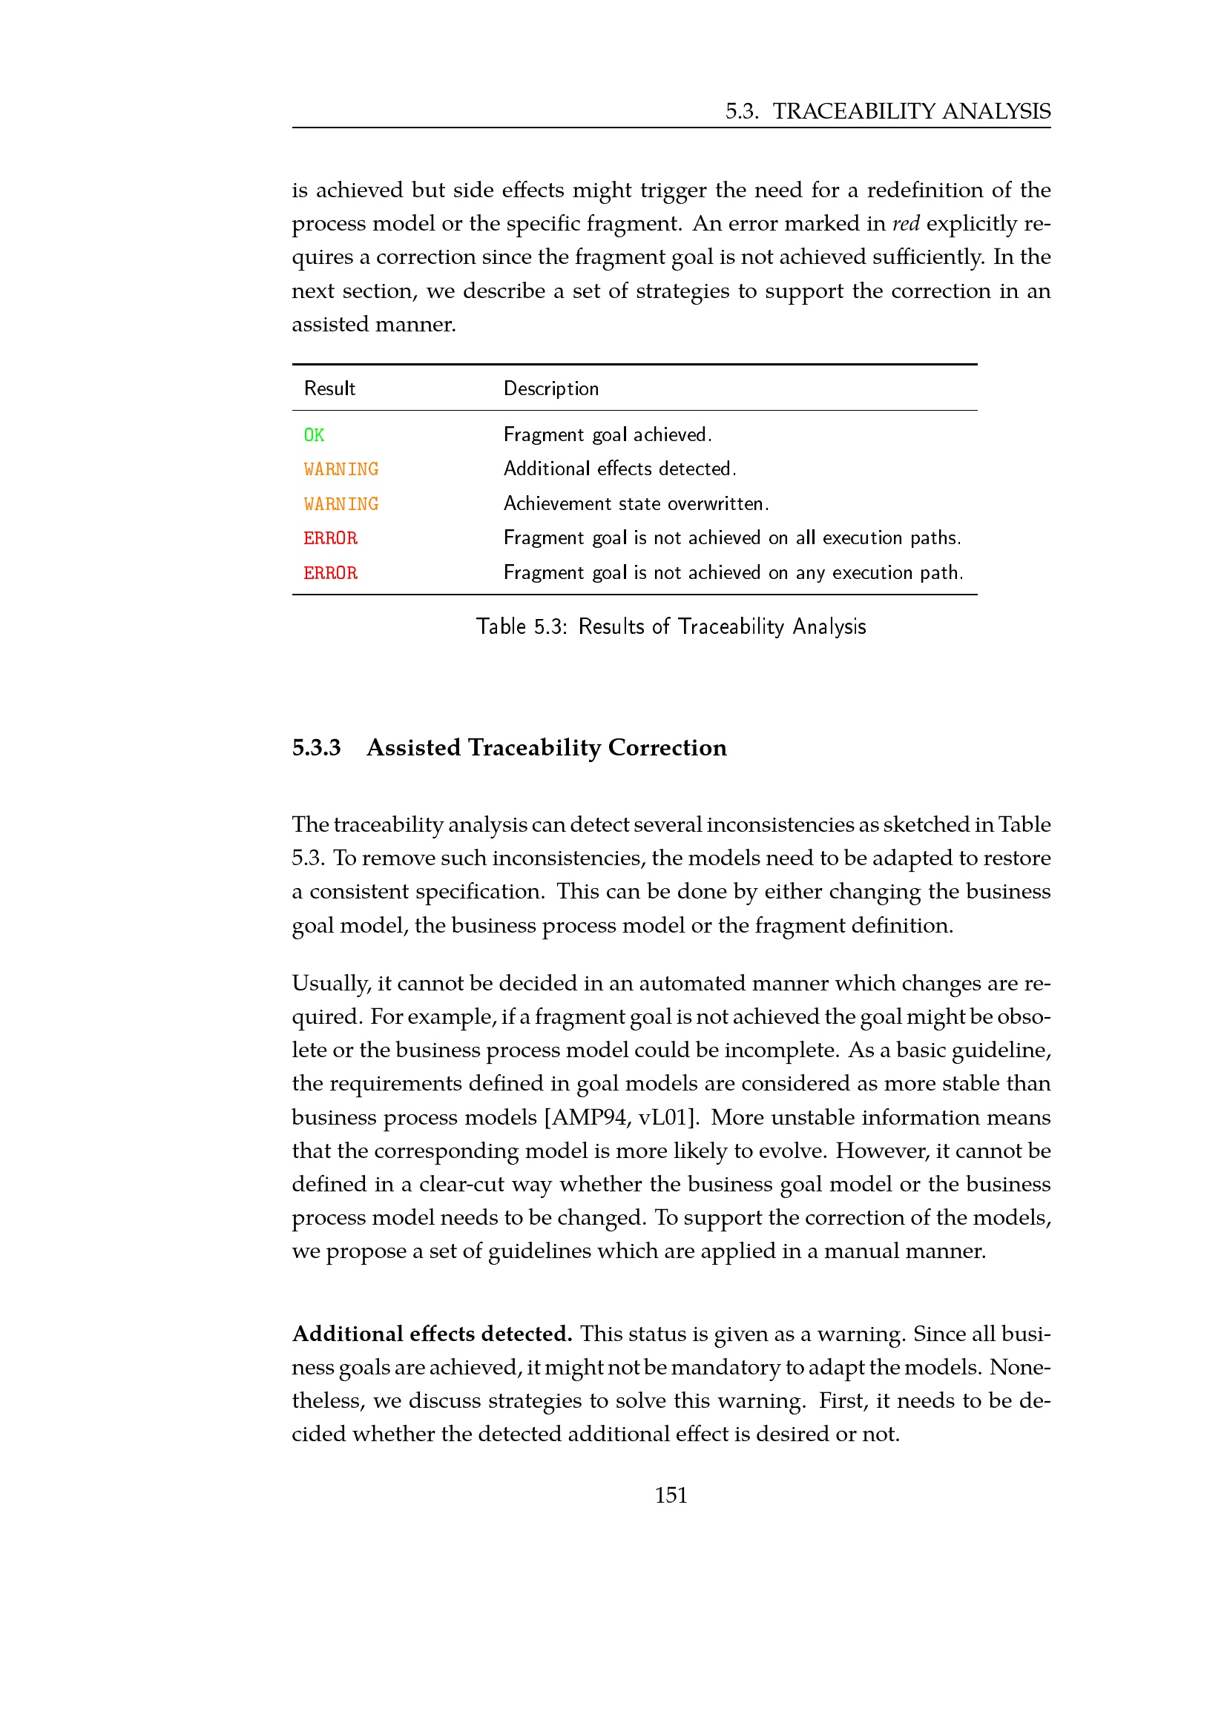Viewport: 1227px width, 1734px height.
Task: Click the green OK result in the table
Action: (314, 435)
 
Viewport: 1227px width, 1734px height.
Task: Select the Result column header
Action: (329, 388)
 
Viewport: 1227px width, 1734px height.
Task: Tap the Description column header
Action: (550, 388)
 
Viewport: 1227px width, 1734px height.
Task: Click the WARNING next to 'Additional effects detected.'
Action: (341, 469)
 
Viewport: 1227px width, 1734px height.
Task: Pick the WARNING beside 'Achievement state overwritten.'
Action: (341, 503)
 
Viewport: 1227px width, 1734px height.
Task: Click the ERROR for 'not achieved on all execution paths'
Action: (330, 537)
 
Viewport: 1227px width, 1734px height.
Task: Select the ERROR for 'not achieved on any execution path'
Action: (330, 572)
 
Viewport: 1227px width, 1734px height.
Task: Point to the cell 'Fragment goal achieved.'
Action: (608, 434)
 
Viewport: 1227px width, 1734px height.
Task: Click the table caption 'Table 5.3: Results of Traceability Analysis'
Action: (670, 626)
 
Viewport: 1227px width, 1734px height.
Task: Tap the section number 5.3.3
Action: (316, 748)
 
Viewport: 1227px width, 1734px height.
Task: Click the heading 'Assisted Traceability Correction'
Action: (546, 748)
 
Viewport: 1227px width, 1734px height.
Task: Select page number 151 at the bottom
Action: (671, 1495)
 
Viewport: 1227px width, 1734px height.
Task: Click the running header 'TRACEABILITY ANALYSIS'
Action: (910, 111)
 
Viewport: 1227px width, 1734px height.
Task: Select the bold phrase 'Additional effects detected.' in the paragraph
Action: (432, 1334)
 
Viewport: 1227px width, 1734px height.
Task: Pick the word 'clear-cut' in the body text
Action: (461, 1183)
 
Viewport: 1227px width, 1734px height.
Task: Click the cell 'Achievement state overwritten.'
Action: (636, 503)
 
